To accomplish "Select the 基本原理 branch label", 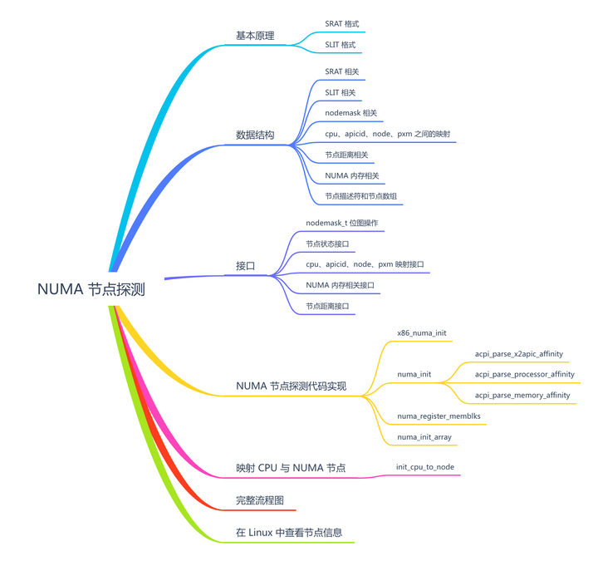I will (255, 36).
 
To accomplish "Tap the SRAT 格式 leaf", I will (342, 24).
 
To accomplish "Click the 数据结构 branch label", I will (255, 135).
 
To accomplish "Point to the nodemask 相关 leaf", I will (354, 113).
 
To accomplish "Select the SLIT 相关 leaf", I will (341, 92).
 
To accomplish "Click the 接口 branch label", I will (245, 266).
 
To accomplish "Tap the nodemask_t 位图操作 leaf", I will (342, 224).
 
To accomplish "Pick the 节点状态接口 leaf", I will (327, 244).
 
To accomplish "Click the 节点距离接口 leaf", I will (327, 307).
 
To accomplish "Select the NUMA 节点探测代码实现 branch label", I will (291, 386).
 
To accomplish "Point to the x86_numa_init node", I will (422, 332).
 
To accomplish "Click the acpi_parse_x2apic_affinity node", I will (519, 353).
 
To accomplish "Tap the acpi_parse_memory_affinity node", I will (522, 396).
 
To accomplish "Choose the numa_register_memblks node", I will (439, 416).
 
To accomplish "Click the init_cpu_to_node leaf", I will (425, 467).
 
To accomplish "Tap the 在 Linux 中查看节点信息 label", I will (289, 533).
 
